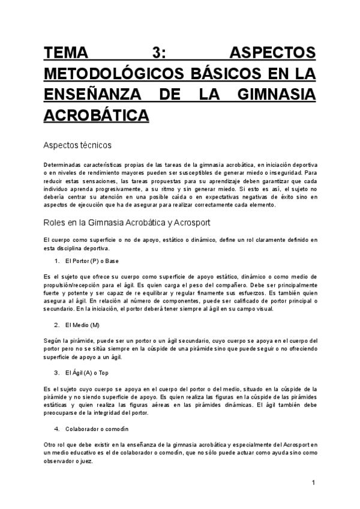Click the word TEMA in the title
pyautogui.click(x=66, y=53)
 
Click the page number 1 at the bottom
pyautogui.click(x=313, y=483)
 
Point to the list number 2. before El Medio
pyautogui.click(x=57, y=325)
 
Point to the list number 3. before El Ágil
pyautogui.click(x=57, y=373)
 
